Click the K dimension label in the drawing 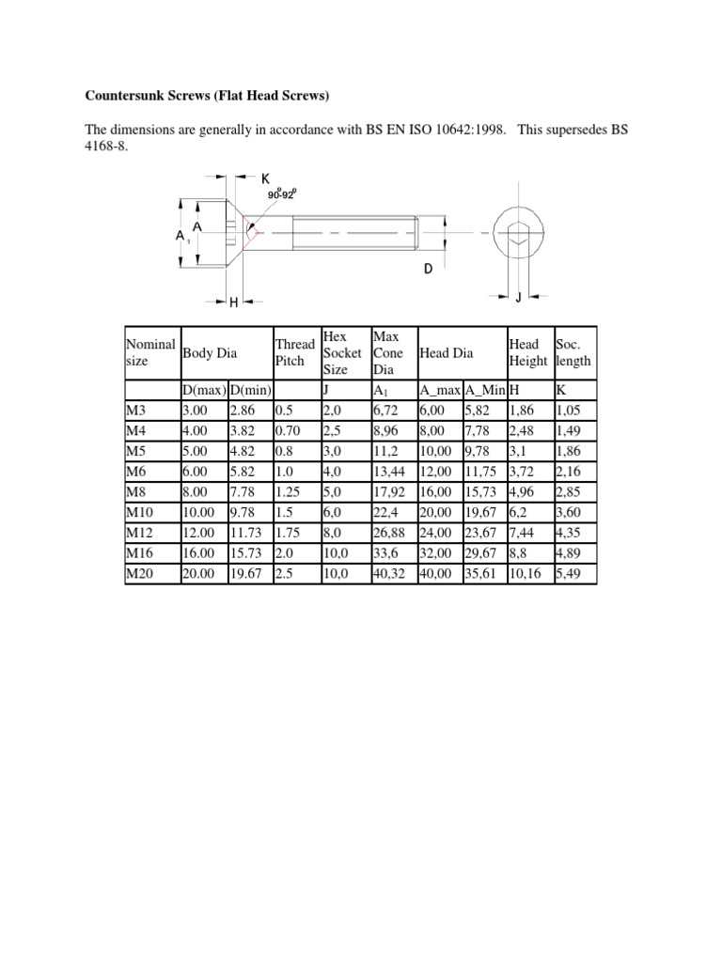click(x=265, y=178)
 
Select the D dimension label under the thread click(x=428, y=269)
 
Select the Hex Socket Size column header click(x=342, y=352)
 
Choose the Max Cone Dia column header click(x=388, y=352)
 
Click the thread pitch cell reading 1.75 click(x=289, y=531)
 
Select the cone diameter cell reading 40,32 click(x=389, y=571)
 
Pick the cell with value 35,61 click(x=481, y=571)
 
